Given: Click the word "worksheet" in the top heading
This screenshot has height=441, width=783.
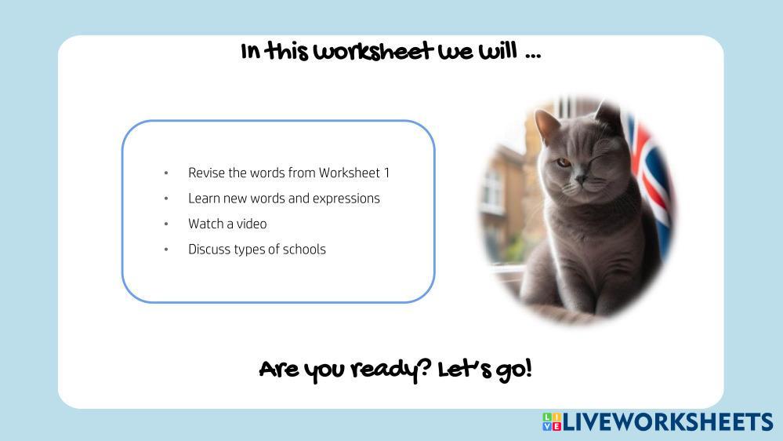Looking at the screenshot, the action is [x=374, y=52].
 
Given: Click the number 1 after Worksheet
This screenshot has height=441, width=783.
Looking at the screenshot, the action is [x=386, y=173].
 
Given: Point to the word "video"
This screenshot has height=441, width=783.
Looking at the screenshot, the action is [x=252, y=224].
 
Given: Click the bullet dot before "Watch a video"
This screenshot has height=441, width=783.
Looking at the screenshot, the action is [x=166, y=224].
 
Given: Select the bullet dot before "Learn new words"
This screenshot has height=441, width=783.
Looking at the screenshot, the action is [x=166, y=199].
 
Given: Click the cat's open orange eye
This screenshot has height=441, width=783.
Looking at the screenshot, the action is [x=564, y=162].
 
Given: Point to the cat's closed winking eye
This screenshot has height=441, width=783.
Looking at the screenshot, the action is [x=600, y=161].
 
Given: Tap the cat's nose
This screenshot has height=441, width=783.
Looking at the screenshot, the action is [x=580, y=177].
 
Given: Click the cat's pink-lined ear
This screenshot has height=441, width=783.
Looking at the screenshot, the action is [x=547, y=126].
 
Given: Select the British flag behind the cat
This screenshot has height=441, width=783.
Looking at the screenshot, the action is [x=649, y=180].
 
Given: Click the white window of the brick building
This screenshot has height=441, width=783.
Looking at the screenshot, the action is [x=492, y=192].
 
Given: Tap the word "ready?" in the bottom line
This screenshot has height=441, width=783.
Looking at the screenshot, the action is [x=390, y=370].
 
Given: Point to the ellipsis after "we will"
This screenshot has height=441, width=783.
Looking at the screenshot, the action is [x=533, y=56].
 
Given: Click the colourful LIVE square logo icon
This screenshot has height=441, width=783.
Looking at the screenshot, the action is [x=552, y=421].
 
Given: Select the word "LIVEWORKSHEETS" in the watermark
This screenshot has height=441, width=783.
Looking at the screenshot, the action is [x=668, y=422].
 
